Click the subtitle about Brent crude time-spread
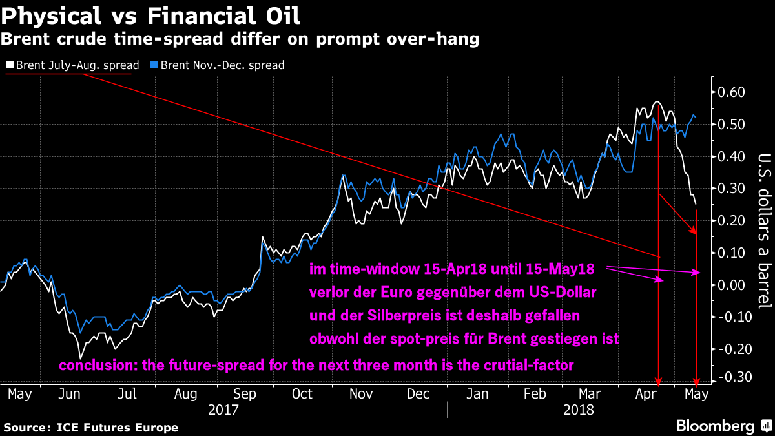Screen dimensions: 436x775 pyautogui.click(x=240, y=40)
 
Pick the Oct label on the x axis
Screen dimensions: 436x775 pyautogui.click(x=302, y=394)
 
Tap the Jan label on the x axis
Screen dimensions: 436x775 pyautogui.click(x=477, y=394)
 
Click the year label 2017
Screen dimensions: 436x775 pyautogui.click(x=222, y=410)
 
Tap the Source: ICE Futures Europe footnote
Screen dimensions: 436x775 pyautogui.click(x=90, y=428)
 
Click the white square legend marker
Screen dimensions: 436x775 pyautogui.click(x=9, y=65)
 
